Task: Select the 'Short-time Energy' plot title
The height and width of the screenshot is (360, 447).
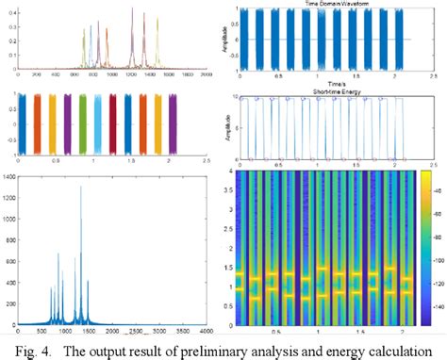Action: [324, 91]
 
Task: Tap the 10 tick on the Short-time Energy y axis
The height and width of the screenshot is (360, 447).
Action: [238, 97]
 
